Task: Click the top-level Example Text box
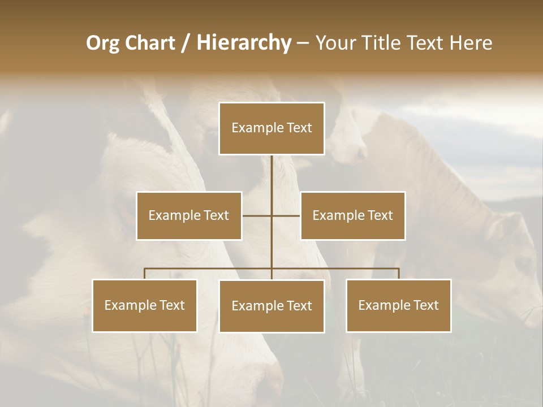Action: (271, 128)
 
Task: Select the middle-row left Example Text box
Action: (189, 215)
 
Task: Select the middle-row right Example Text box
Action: (352, 215)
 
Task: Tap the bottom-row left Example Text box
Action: (144, 305)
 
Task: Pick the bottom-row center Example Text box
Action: (271, 306)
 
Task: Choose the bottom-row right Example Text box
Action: (398, 305)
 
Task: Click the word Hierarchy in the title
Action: (243, 43)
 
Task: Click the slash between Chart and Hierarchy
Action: (186, 43)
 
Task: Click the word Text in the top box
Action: (298, 128)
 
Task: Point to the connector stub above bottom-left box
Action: (144, 274)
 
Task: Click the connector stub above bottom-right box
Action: (399, 274)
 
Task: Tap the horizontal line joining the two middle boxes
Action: (257, 215)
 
